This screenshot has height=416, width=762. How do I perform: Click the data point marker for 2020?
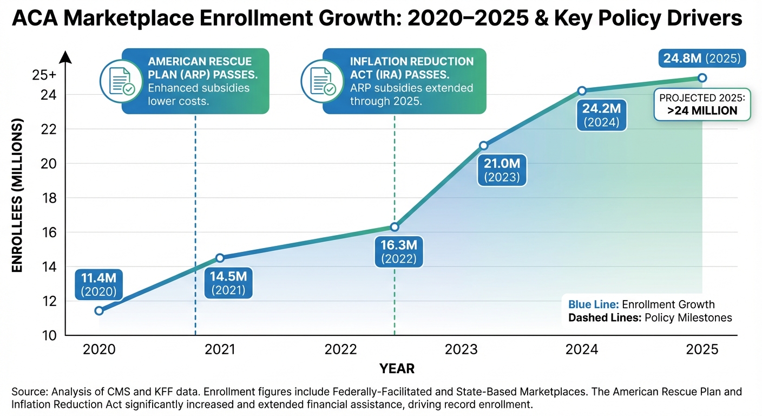click(x=98, y=310)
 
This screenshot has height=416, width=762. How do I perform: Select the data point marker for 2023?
click(x=484, y=145)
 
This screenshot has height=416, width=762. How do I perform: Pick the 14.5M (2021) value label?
click(x=228, y=283)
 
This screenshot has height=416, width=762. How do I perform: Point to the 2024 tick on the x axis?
click(x=582, y=349)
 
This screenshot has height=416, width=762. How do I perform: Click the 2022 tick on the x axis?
click(x=341, y=349)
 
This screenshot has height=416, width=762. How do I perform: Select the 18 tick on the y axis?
click(x=49, y=198)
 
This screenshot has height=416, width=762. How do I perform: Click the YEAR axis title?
click(x=397, y=369)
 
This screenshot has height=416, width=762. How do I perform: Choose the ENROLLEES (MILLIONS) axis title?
click(x=17, y=198)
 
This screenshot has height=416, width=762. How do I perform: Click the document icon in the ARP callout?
click(x=117, y=81)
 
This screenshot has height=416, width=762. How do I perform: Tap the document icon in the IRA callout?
click(x=318, y=81)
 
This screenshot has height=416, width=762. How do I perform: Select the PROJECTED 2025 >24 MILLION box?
click(x=702, y=105)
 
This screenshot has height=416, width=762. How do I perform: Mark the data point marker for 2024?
click(x=582, y=90)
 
